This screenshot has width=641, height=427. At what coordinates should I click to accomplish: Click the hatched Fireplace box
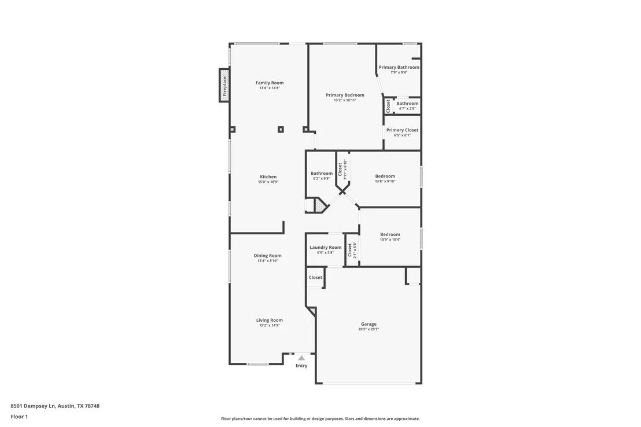tap(224, 85)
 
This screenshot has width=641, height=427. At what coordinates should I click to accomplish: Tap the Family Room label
tap(270, 83)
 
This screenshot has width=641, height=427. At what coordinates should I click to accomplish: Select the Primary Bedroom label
tap(345, 95)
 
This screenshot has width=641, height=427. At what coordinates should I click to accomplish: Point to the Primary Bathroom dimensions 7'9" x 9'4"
tap(399, 72)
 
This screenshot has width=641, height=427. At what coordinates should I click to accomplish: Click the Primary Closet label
tap(402, 130)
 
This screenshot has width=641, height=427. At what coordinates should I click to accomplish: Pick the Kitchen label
tap(268, 176)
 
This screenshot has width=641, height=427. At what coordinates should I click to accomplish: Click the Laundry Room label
tap(325, 248)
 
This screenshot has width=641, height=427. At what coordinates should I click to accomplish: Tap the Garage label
tap(369, 324)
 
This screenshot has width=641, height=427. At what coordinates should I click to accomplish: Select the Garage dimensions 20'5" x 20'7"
tap(369, 329)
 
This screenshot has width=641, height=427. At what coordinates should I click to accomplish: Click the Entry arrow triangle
tap(301, 358)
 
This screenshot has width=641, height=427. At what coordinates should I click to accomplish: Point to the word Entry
tap(301, 366)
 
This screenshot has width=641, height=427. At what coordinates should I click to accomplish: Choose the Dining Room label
tap(267, 256)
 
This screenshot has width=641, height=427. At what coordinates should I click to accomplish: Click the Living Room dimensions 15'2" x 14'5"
tap(270, 326)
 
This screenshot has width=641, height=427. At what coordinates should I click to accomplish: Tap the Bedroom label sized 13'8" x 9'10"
tap(385, 176)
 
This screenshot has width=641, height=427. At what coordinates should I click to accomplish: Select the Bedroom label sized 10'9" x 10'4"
tap(390, 234)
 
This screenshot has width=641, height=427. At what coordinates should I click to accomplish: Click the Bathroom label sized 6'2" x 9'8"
tap(322, 174)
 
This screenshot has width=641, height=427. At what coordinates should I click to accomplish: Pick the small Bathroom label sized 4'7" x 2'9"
tap(407, 104)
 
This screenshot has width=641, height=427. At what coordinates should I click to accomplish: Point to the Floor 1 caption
tap(19, 417)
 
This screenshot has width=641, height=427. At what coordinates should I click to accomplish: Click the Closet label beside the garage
tap(315, 277)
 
